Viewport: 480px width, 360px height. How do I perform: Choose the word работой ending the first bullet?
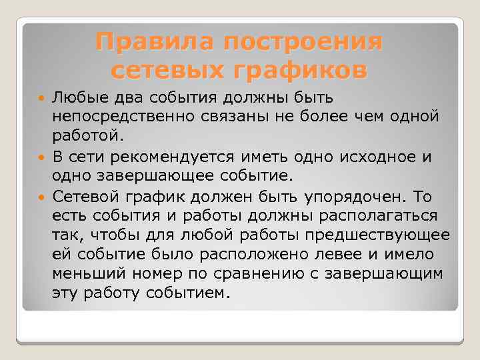83,137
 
